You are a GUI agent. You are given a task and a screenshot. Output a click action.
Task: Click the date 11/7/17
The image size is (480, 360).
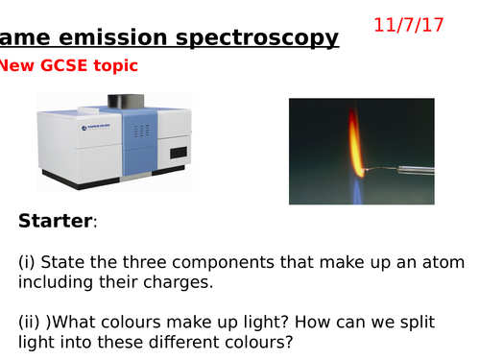click(423, 20)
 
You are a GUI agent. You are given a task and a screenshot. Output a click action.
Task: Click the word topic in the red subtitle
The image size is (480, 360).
click(115, 66)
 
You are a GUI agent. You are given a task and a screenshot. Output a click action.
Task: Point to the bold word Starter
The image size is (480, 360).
click(56, 222)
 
